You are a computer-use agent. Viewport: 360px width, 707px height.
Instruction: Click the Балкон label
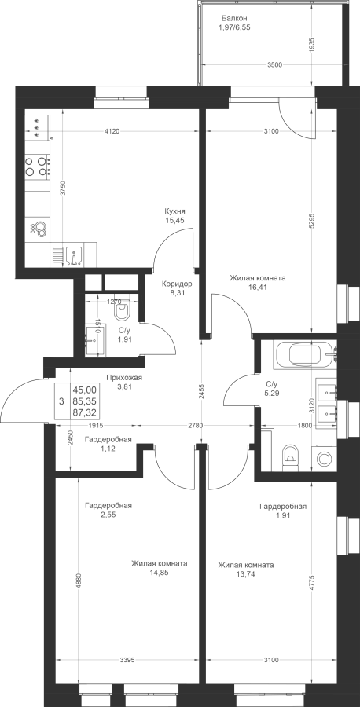pyautogui.click(x=233, y=19)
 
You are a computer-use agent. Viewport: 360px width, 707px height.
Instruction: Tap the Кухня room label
pyautogui.click(x=175, y=211)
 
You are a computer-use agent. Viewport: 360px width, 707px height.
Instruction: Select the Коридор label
pyautogui.click(x=177, y=284)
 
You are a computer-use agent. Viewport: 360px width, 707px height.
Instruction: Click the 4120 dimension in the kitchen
pyautogui.click(x=112, y=132)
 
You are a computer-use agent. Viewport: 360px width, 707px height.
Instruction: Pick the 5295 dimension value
pyautogui.click(x=313, y=222)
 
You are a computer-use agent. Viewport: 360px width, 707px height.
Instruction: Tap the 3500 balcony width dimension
pyautogui.click(x=274, y=65)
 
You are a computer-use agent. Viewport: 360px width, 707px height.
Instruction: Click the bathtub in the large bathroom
pyautogui.click(x=306, y=354)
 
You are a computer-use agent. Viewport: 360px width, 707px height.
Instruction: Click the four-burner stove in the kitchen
pyautogui.click(x=37, y=166)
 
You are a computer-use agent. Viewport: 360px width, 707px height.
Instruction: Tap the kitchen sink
pyautogui.click(x=73, y=255)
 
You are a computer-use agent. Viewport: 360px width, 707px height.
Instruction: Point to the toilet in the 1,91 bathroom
pyautogui.click(x=122, y=310)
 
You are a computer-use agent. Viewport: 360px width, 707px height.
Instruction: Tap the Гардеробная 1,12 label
pyautogui.click(x=108, y=444)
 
